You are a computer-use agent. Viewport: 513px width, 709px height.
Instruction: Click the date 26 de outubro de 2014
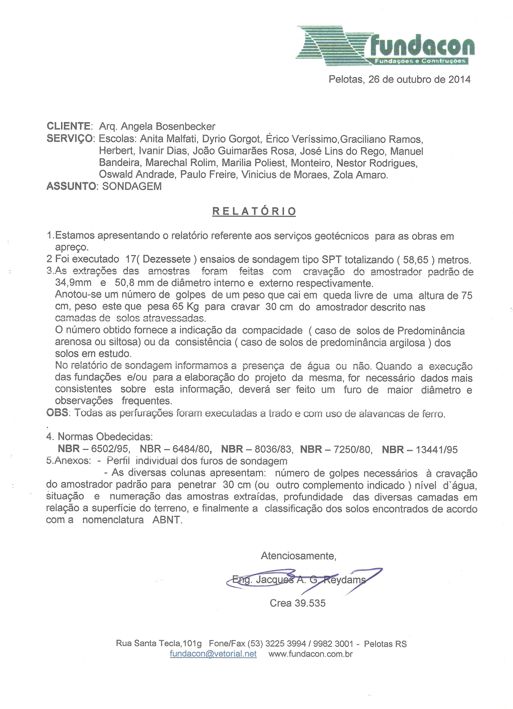point(419,79)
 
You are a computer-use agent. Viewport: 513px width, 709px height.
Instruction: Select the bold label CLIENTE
point(68,126)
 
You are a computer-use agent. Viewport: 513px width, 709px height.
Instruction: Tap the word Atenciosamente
point(298,556)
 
